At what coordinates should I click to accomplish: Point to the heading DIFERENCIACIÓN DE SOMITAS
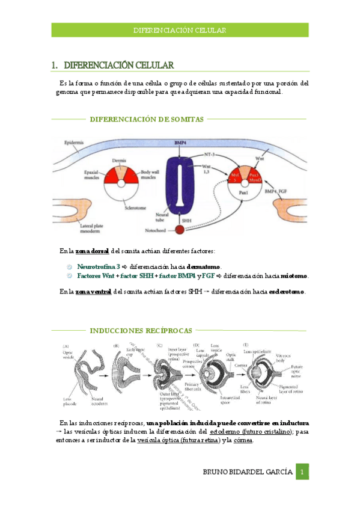(147, 119)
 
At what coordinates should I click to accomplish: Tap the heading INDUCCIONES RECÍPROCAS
(141, 330)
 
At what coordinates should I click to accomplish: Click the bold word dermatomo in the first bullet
(203, 266)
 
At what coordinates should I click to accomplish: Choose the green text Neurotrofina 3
(98, 266)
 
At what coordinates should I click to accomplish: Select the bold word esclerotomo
(286, 292)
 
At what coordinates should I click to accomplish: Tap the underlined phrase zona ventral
(93, 292)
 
